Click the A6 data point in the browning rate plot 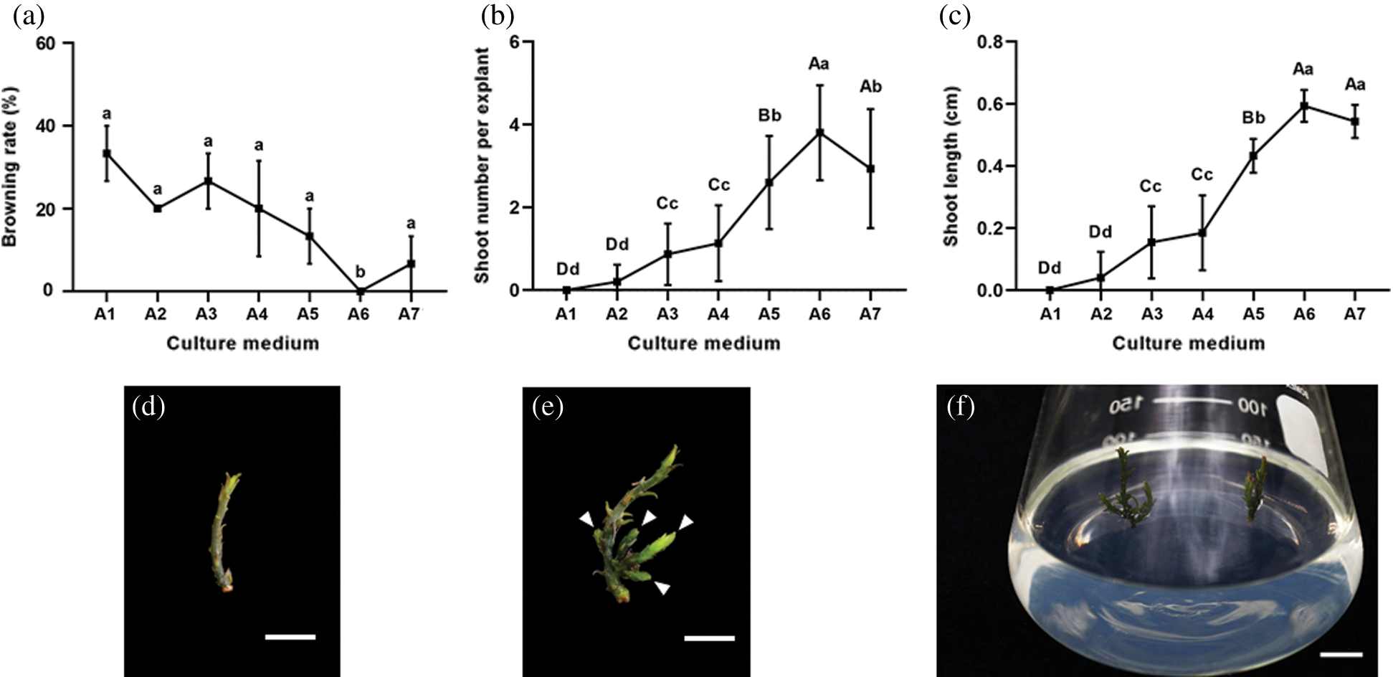point(360,290)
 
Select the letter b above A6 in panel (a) point(360,272)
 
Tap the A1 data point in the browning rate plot point(106,153)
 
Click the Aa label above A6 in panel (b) point(819,64)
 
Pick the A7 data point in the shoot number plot point(870,169)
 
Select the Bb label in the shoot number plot point(769,115)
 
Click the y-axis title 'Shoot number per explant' point(482,165)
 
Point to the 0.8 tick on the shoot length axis point(989,42)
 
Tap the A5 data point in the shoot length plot point(1253,156)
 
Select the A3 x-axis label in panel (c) point(1151,314)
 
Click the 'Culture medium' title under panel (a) point(242,344)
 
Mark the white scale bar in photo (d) point(290,636)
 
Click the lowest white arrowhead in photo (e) point(663,588)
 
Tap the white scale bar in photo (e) point(709,638)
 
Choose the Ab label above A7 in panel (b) point(870,87)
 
